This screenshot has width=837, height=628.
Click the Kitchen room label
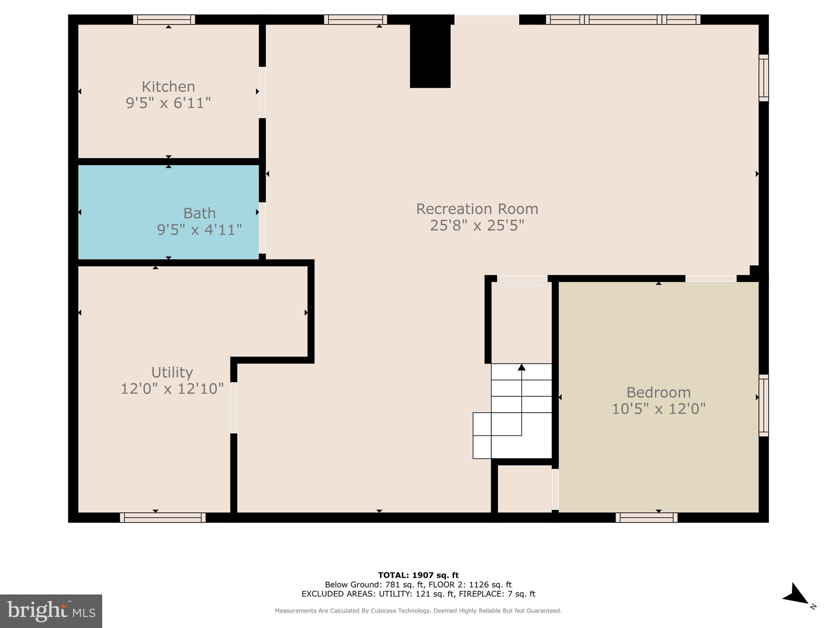pos(168,87)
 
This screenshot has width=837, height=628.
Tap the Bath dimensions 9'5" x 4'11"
pos(199,230)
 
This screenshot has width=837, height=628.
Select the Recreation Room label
pos(477,209)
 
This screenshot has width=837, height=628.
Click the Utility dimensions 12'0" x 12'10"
pos(172,388)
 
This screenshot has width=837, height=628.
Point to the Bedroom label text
pos(658,392)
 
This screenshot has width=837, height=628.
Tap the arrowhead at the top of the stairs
pos(521,367)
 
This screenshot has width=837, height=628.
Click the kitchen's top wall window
pos(164,20)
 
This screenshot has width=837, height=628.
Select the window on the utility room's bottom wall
pos(163,518)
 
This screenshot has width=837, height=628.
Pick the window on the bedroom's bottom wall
pos(647,518)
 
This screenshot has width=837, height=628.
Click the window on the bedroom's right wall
pos(763,405)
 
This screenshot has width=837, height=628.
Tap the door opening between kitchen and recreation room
pos(262,92)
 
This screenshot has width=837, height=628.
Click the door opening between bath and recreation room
pos(262,228)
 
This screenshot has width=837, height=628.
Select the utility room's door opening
pos(234,408)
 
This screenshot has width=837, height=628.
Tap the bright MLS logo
pos(51,611)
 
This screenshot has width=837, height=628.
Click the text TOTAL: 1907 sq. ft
pos(418,575)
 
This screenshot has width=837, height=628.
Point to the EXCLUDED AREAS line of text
pos(418,594)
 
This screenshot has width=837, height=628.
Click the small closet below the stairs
pos(524,489)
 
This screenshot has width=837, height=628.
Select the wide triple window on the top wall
pos(623,20)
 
